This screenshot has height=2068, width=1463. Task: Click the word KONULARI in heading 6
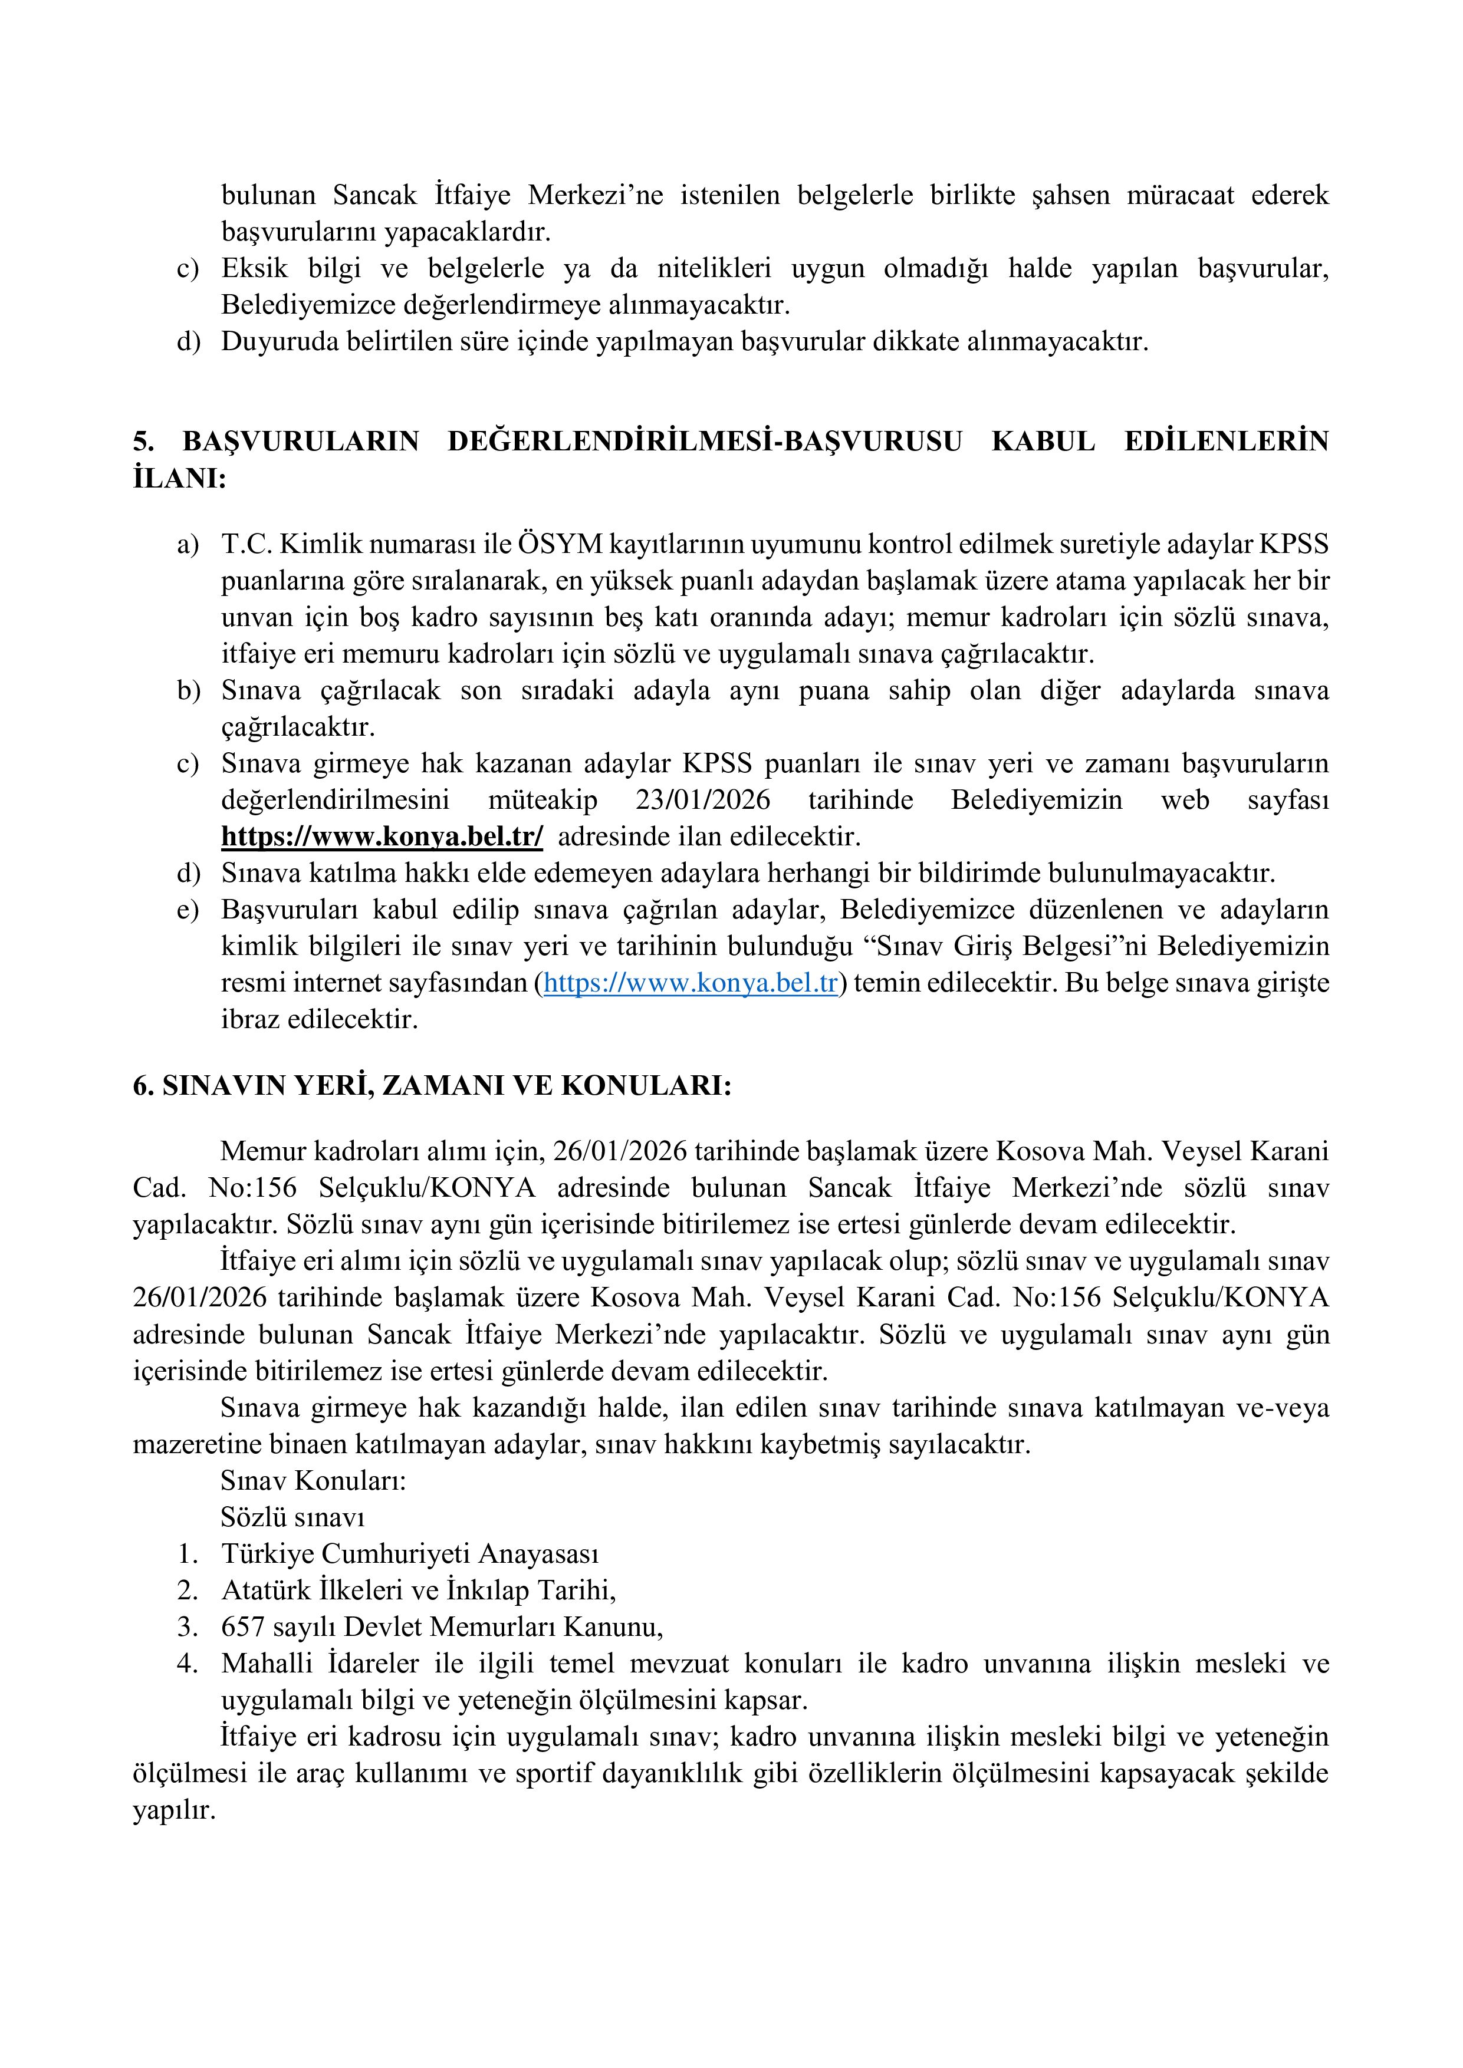[x=645, y=1086]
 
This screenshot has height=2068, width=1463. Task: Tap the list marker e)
[x=188, y=911]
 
